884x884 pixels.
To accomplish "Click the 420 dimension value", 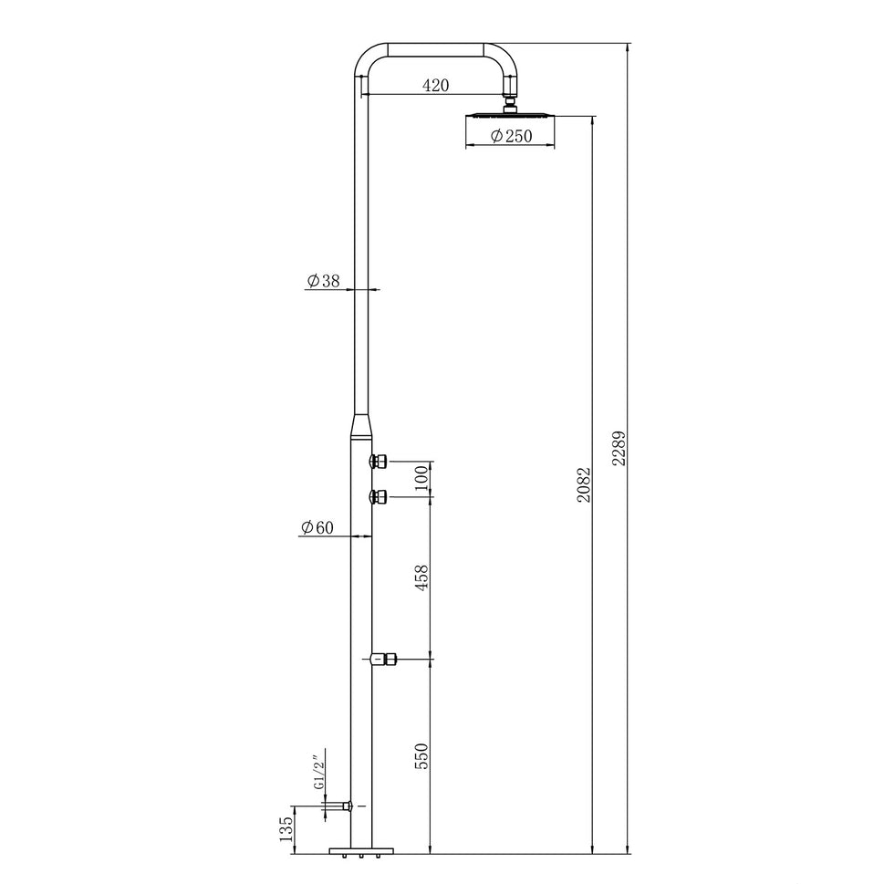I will [x=436, y=86].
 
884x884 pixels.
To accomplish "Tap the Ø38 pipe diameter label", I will [x=323, y=282].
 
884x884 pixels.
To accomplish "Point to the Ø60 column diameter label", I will [x=317, y=527].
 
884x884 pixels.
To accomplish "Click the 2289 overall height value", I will [x=620, y=449].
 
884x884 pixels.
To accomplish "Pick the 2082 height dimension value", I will [x=585, y=485].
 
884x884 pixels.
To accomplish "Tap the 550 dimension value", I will [x=421, y=755].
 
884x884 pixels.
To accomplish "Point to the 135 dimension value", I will [x=286, y=829].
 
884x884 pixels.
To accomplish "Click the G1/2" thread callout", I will [x=318, y=772].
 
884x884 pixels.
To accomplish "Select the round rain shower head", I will [x=511, y=115].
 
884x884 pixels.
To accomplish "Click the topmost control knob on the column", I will [x=380, y=462].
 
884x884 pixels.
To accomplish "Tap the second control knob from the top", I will [x=380, y=496].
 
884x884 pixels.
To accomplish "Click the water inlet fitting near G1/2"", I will [x=346, y=806].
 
